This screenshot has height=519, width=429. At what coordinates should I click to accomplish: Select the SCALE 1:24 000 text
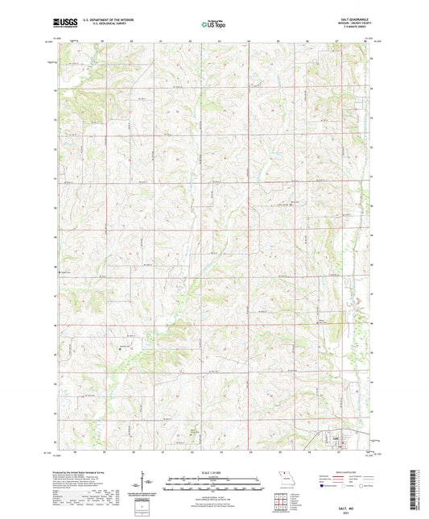coord(214,471)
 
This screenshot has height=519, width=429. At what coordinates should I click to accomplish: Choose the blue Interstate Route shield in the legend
coord(324,486)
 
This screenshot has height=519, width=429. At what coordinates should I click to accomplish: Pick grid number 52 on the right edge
coord(372,149)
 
